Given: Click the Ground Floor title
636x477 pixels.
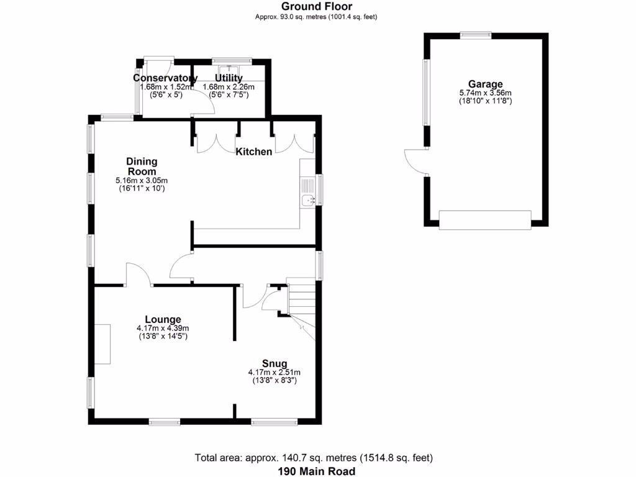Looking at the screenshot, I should click(x=317, y=7).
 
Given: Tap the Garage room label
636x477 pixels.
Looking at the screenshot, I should click(x=486, y=84).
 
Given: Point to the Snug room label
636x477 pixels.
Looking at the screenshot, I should click(x=274, y=363).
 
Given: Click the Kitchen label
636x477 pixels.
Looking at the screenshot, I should click(x=253, y=152).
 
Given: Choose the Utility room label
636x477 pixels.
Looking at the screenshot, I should click(x=229, y=78).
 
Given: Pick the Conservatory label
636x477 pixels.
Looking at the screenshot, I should click(x=165, y=78).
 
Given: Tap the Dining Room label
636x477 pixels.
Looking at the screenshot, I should click(x=142, y=166).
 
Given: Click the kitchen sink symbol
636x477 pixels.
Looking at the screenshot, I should click(x=308, y=200).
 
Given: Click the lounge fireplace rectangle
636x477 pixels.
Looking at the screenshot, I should click(x=102, y=343).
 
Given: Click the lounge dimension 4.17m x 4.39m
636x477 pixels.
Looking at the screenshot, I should click(x=163, y=329).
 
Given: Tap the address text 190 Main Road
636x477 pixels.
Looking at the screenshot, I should click(x=317, y=471).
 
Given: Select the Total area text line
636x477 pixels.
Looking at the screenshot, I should click(x=314, y=458).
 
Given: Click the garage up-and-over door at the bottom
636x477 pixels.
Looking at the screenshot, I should click(x=485, y=220).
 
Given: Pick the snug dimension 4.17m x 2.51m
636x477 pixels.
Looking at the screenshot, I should click(x=274, y=372).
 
